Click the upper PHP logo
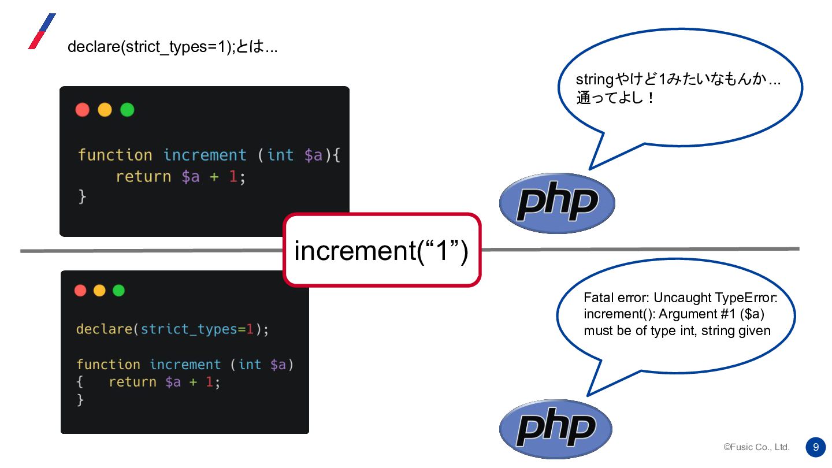[x=557, y=203]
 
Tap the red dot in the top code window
[x=83, y=110]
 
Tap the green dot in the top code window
[x=127, y=110]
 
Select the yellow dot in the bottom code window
[x=99, y=290]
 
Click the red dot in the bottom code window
[x=80, y=290]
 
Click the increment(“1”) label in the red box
[x=381, y=251]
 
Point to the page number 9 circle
[x=815, y=447]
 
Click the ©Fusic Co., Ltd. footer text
[x=756, y=447]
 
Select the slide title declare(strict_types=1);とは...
[x=172, y=47]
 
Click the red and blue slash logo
[x=42, y=31]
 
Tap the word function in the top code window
[x=115, y=155]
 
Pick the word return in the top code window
[x=143, y=176]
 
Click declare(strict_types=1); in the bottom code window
[x=173, y=329]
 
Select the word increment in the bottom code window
[x=185, y=364]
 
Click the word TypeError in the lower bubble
[x=746, y=298]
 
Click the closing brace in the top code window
[x=82, y=196]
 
